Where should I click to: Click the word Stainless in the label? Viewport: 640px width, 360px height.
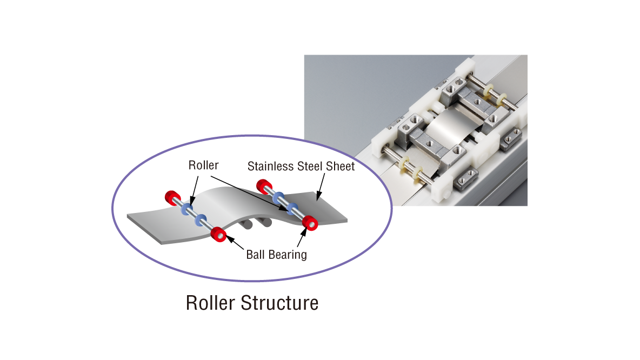[x=269, y=166]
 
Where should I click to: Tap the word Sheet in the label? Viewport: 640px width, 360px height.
[x=338, y=166]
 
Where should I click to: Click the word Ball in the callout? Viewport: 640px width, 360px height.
[x=256, y=254]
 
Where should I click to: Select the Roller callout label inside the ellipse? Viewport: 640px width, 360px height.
[x=203, y=165]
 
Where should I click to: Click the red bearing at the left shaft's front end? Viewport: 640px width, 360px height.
[x=218, y=235]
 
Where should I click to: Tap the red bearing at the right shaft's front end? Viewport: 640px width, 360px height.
[x=310, y=222]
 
